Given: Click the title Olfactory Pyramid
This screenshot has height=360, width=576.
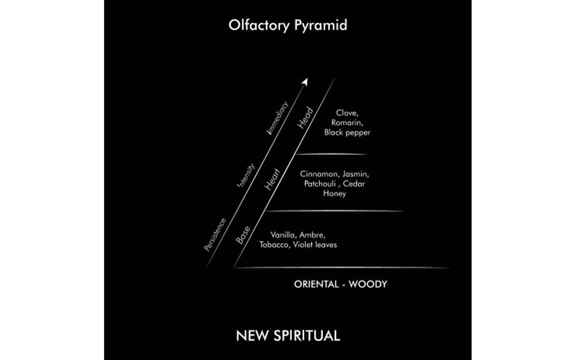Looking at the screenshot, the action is coord(288,25).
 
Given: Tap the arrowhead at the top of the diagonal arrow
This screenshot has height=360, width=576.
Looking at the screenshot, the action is coord(305,82).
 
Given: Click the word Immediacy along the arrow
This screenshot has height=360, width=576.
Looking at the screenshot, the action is coord(278,118).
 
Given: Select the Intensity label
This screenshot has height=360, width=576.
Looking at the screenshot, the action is coord(246,175).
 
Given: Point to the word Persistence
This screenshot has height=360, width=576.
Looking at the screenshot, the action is coord(215,234).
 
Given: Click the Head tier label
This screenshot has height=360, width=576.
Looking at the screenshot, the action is coord(306,118).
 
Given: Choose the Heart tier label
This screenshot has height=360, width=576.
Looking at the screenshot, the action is coord(272,179).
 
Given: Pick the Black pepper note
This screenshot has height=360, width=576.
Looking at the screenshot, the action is coord(347,133).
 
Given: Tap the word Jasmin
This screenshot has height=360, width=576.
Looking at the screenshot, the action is coord(356,174).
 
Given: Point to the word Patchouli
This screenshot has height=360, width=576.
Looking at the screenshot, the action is coord(320,184).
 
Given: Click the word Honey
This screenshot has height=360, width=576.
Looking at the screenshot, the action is coord(334,194).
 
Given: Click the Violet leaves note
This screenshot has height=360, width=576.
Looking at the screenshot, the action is coord(315,244).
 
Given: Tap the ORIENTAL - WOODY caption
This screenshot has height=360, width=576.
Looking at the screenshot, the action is coord(341,284).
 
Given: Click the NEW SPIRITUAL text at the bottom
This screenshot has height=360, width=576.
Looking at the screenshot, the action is coord(288,336).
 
